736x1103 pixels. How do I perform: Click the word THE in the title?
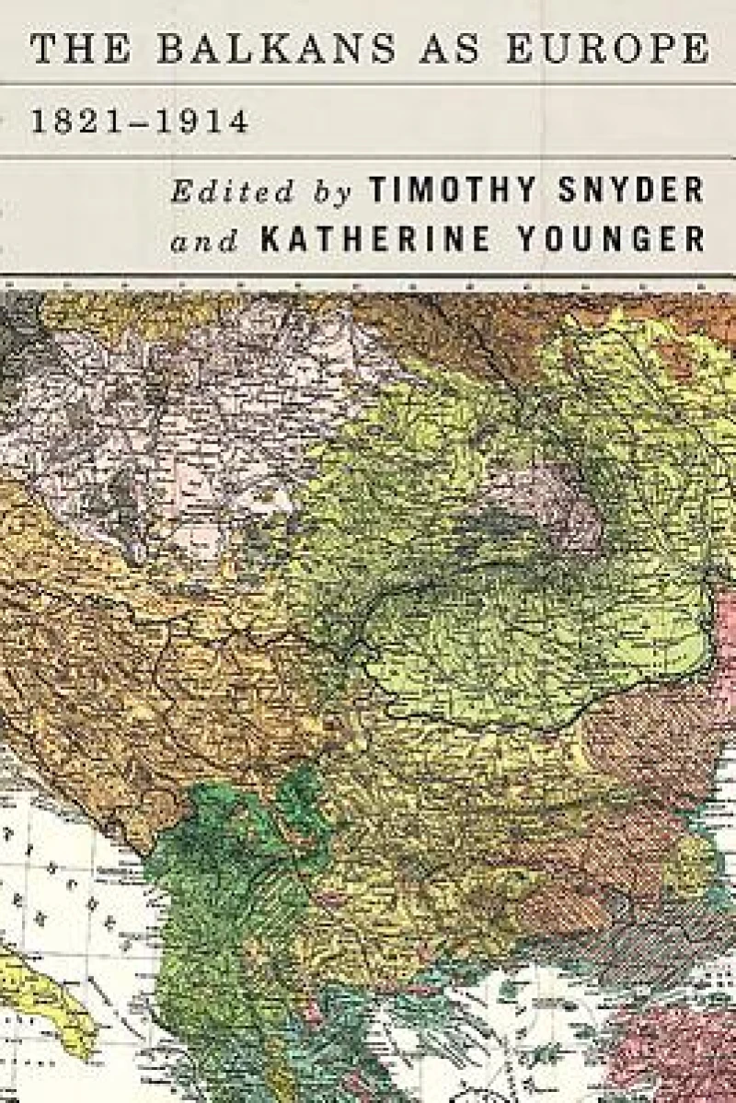[x=79, y=48]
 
